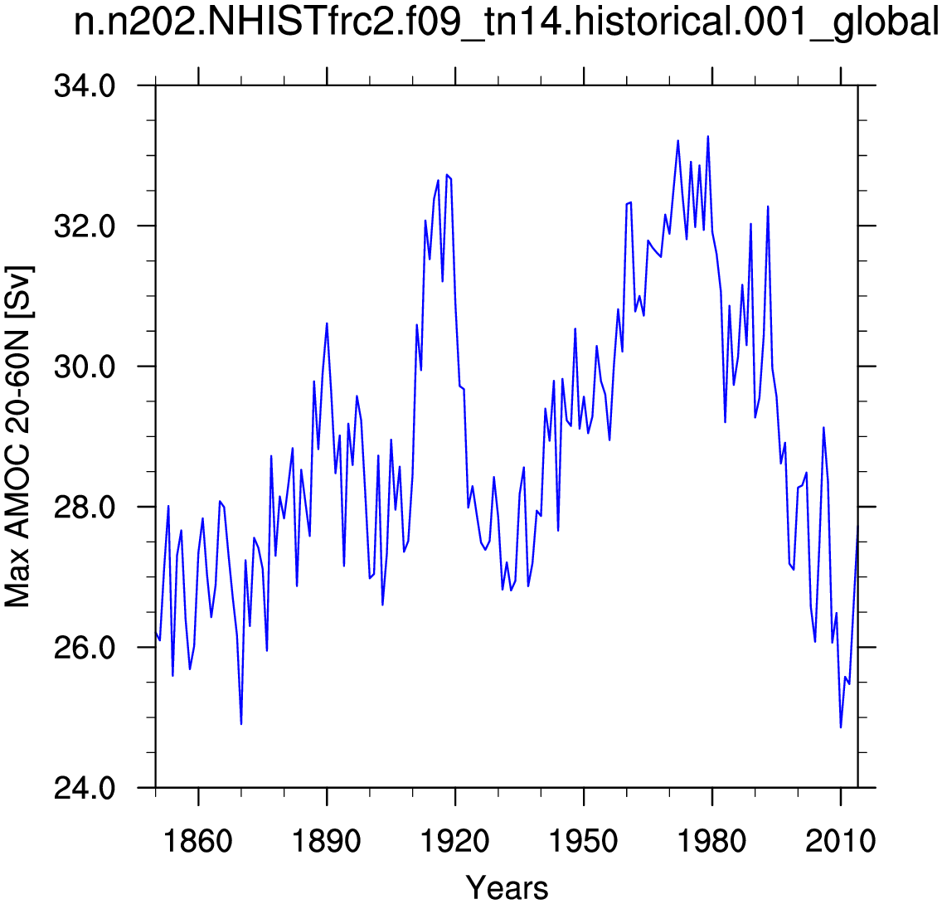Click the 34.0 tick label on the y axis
[85, 86]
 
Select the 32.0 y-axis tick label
[85, 226]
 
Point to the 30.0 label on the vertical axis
[85, 367]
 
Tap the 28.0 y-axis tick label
[85, 507]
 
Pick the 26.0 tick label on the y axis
[85, 648]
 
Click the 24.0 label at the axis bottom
[85, 787]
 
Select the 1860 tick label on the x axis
[197, 841]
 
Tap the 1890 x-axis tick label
[326, 841]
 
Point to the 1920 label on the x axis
[455, 841]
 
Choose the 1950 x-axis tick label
[583, 841]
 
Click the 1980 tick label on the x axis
[712, 841]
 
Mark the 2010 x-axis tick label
[841, 841]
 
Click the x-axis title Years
[507, 887]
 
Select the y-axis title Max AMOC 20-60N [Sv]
[17, 436]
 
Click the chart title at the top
[506, 23]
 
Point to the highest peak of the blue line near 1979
[707, 136]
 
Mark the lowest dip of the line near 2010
[841, 727]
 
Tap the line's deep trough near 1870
[241, 724]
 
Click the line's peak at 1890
[327, 323]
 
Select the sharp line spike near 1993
[768, 207]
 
